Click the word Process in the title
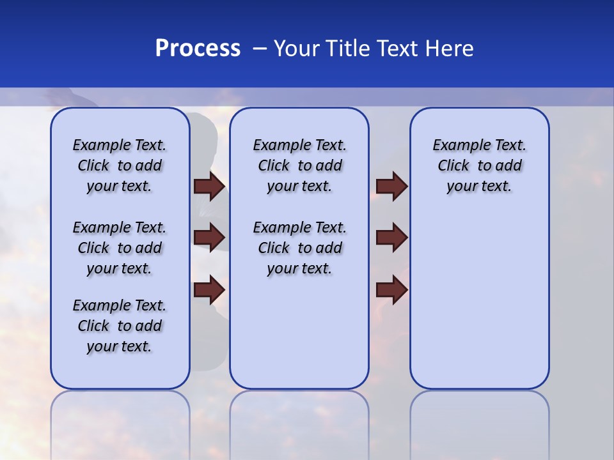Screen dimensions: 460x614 (x=198, y=49)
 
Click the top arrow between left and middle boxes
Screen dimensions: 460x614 (x=209, y=186)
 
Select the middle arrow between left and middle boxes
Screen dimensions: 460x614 (x=209, y=238)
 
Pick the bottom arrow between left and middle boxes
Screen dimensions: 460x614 (x=209, y=289)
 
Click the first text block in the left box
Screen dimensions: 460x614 (x=120, y=165)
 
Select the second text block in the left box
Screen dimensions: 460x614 (x=120, y=248)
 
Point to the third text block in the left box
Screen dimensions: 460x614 (x=120, y=326)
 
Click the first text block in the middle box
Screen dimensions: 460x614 (x=299, y=165)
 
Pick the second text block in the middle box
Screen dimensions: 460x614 (x=299, y=248)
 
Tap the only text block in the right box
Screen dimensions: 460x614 (x=479, y=165)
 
